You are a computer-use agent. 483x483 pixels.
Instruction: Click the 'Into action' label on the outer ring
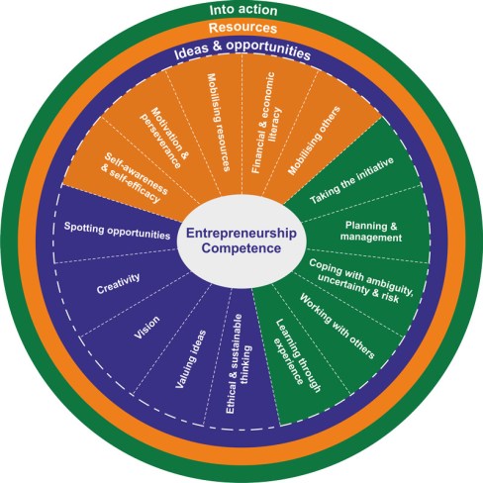tap(241, 10)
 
